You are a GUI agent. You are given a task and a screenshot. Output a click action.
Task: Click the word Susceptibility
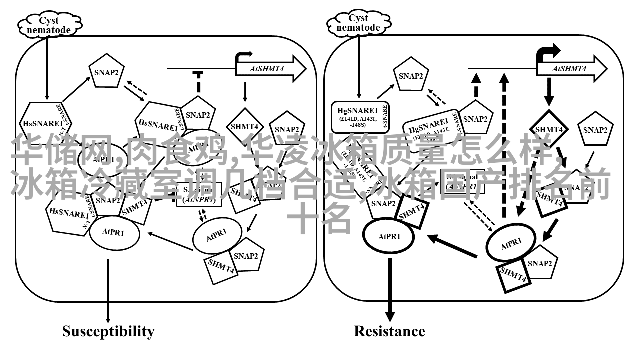pyautogui.click(x=108, y=331)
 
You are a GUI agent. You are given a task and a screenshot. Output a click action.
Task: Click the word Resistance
pyautogui.click(x=389, y=331)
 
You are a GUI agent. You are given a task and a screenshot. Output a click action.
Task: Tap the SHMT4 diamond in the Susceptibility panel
pyautogui.click(x=245, y=126)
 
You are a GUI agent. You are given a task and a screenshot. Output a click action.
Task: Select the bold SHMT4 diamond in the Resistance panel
pyautogui.click(x=549, y=129)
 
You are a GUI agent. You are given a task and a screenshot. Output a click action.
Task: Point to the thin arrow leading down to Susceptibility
pyautogui.click(x=108, y=290)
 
